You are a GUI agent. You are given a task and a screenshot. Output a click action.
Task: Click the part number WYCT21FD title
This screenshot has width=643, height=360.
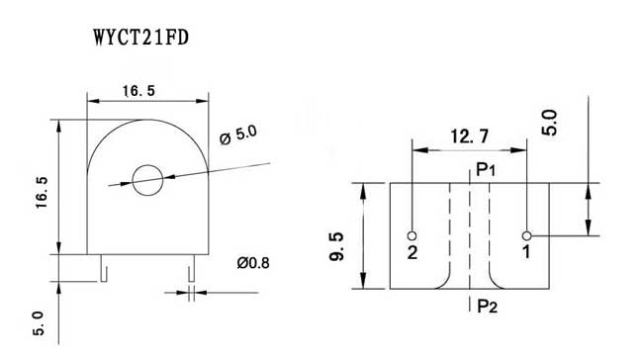141,38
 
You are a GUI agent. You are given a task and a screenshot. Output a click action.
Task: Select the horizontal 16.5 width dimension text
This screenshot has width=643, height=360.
139,91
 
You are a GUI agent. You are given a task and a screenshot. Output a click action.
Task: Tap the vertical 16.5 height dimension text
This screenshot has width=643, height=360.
42,192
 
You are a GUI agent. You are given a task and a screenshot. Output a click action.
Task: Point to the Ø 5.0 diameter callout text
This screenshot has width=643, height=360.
238,135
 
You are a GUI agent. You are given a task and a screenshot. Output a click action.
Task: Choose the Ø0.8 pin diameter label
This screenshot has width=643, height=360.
253,263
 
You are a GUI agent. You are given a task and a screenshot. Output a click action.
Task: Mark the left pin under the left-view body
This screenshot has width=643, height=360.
104,268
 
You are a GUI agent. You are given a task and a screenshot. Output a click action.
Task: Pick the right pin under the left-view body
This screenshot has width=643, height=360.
191,268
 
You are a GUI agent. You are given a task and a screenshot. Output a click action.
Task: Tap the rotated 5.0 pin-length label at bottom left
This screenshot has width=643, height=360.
39,323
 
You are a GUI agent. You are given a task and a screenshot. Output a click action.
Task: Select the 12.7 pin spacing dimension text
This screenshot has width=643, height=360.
470,136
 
